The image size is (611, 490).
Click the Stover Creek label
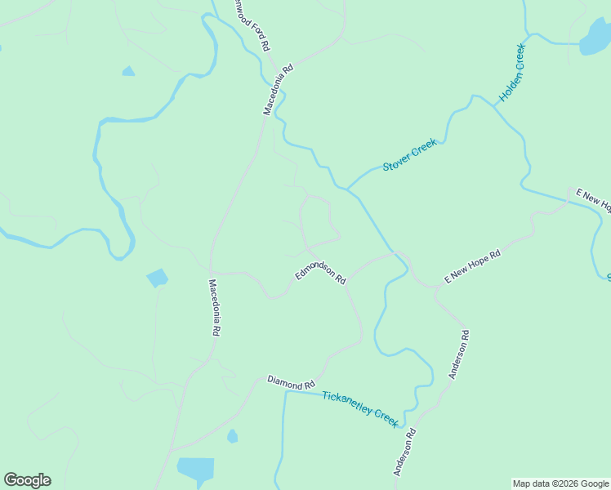[x=410, y=155]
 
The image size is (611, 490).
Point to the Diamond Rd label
[x=291, y=381]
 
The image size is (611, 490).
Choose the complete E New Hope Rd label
[x=471, y=267]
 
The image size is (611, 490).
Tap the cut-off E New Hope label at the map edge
[x=593, y=200]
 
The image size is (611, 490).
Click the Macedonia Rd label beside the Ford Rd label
[x=277, y=91]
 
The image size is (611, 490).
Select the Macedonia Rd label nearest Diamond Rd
[x=214, y=308]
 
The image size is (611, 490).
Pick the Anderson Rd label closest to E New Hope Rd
[x=459, y=354]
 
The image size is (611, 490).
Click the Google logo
[x=27, y=480]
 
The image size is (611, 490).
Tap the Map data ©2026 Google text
[x=561, y=483]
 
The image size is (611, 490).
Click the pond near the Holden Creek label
[x=594, y=37]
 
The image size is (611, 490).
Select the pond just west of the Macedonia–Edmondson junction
[x=157, y=278]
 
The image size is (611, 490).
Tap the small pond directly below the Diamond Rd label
[x=232, y=436]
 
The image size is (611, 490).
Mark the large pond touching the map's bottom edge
[x=196, y=470]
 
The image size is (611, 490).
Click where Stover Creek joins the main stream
[x=349, y=189]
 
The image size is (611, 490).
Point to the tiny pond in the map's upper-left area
[x=128, y=72]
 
